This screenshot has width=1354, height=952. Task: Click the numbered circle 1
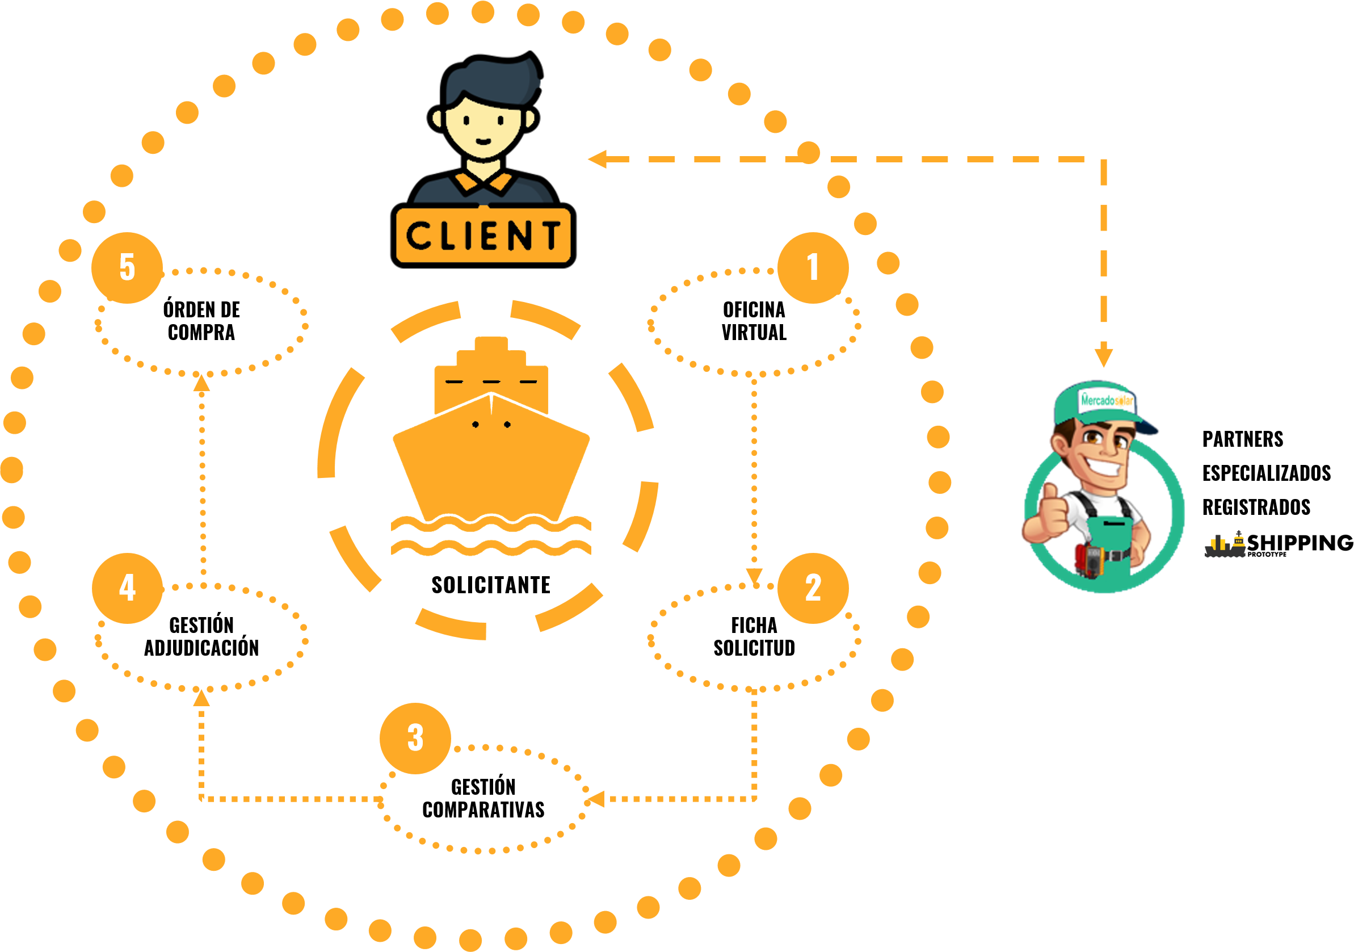(813, 267)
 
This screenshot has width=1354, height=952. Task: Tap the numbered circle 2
(813, 588)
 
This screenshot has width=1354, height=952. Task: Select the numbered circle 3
(415, 738)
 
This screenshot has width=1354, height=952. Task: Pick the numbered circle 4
(127, 588)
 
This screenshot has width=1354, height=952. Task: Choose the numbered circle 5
(127, 267)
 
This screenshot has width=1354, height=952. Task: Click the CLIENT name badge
(483, 236)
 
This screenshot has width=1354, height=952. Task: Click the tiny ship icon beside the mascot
(1225, 545)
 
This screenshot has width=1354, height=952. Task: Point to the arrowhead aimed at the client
(598, 160)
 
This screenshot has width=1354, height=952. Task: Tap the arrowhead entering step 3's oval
(596, 799)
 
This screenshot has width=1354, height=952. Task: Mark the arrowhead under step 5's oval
(201, 383)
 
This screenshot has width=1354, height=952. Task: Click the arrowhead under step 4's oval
(201, 698)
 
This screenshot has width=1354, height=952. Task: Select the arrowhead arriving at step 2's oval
(754, 576)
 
